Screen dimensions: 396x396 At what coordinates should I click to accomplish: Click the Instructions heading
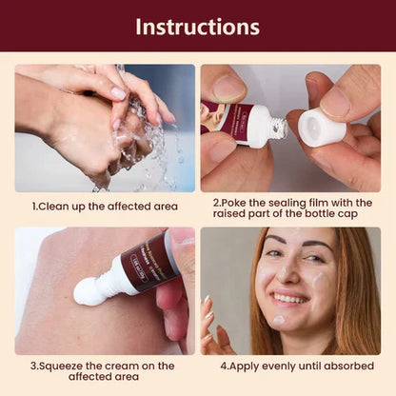[x=197, y=26]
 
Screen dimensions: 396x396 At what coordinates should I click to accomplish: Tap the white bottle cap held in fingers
[x=321, y=127]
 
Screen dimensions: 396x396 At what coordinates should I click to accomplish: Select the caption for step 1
[x=104, y=205]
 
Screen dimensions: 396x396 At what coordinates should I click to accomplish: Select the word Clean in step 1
[x=57, y=205]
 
